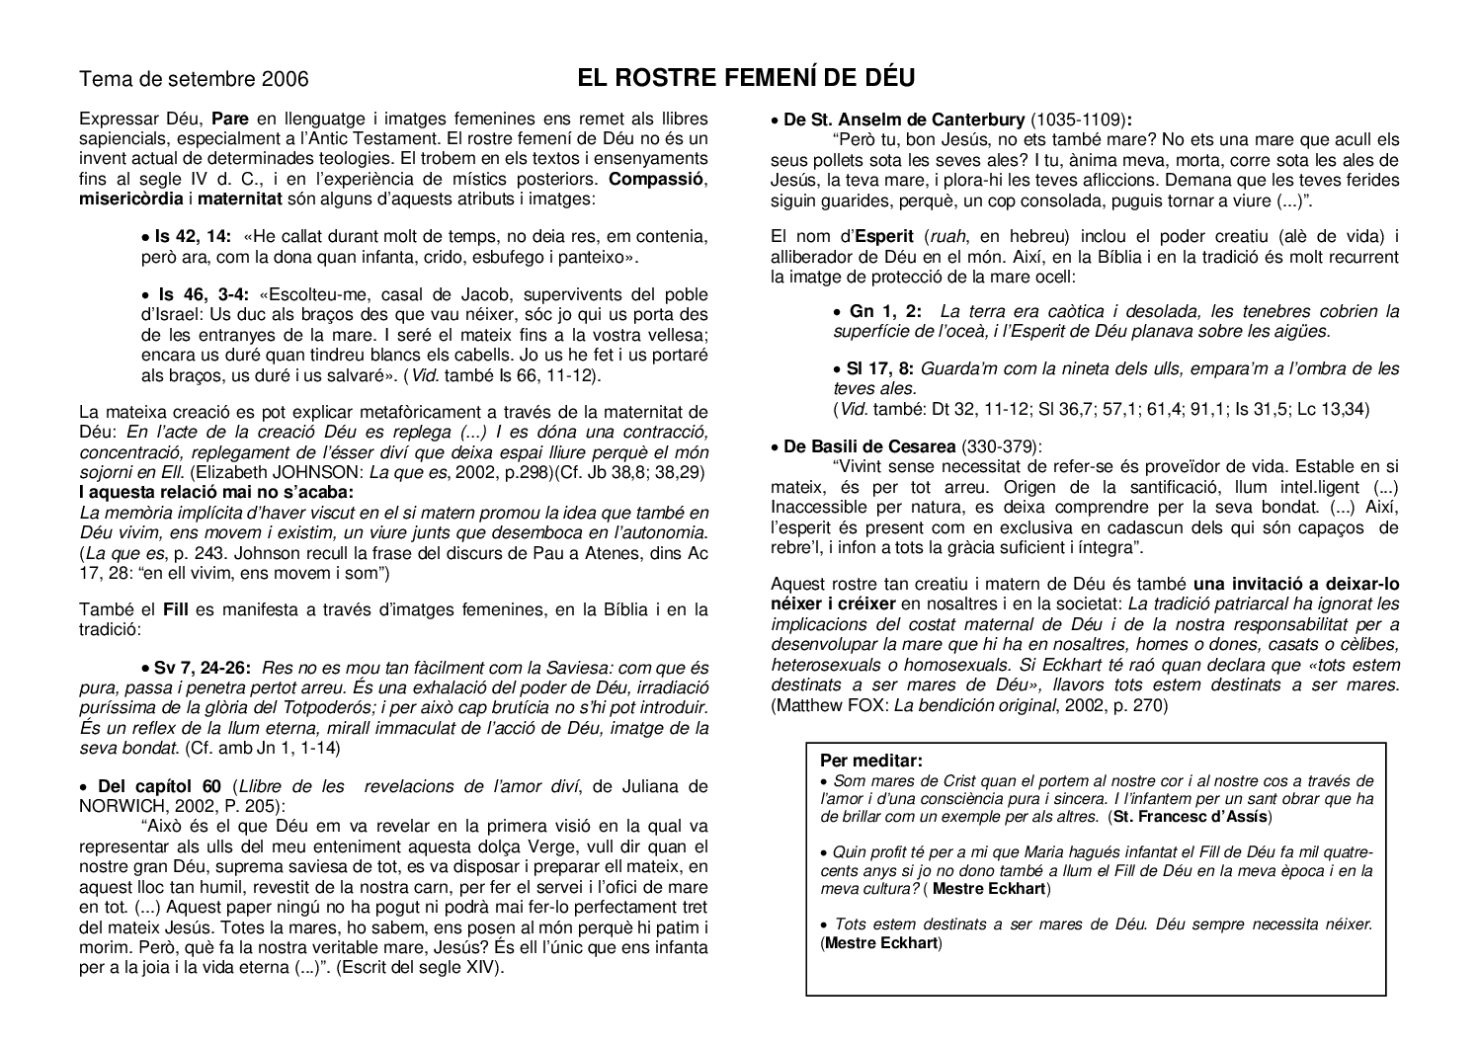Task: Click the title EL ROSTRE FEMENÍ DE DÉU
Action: pos(746,78)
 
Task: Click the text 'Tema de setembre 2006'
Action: pos(194,79)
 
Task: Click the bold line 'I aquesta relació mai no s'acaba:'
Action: pos(215,492)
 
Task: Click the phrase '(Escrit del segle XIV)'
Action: pos(421,968)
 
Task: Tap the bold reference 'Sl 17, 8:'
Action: pos(879,368)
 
